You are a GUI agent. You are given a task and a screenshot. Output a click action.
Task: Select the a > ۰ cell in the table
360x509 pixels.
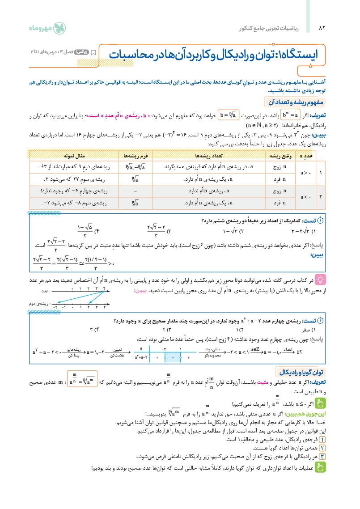pyautogui.click(x=306, y=173)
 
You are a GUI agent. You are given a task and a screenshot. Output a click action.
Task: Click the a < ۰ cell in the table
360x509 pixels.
pyautogui.click(x=306, y=196)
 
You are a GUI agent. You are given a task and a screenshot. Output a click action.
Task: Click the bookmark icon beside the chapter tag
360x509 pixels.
pyautogui.click(x=93, y=52)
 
